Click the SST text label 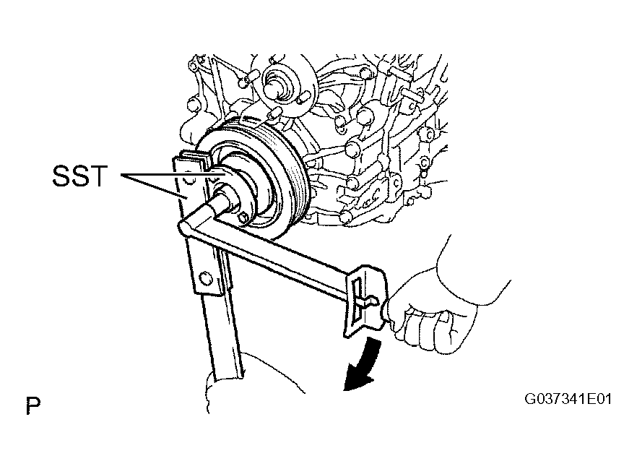coord(79,176)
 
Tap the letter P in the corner coord(33,406)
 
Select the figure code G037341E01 coord(568,399)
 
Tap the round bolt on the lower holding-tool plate coord(206,280)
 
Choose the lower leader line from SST coord(154,186)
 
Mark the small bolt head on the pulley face coord(243,218)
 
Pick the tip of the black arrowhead coord(344,390)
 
